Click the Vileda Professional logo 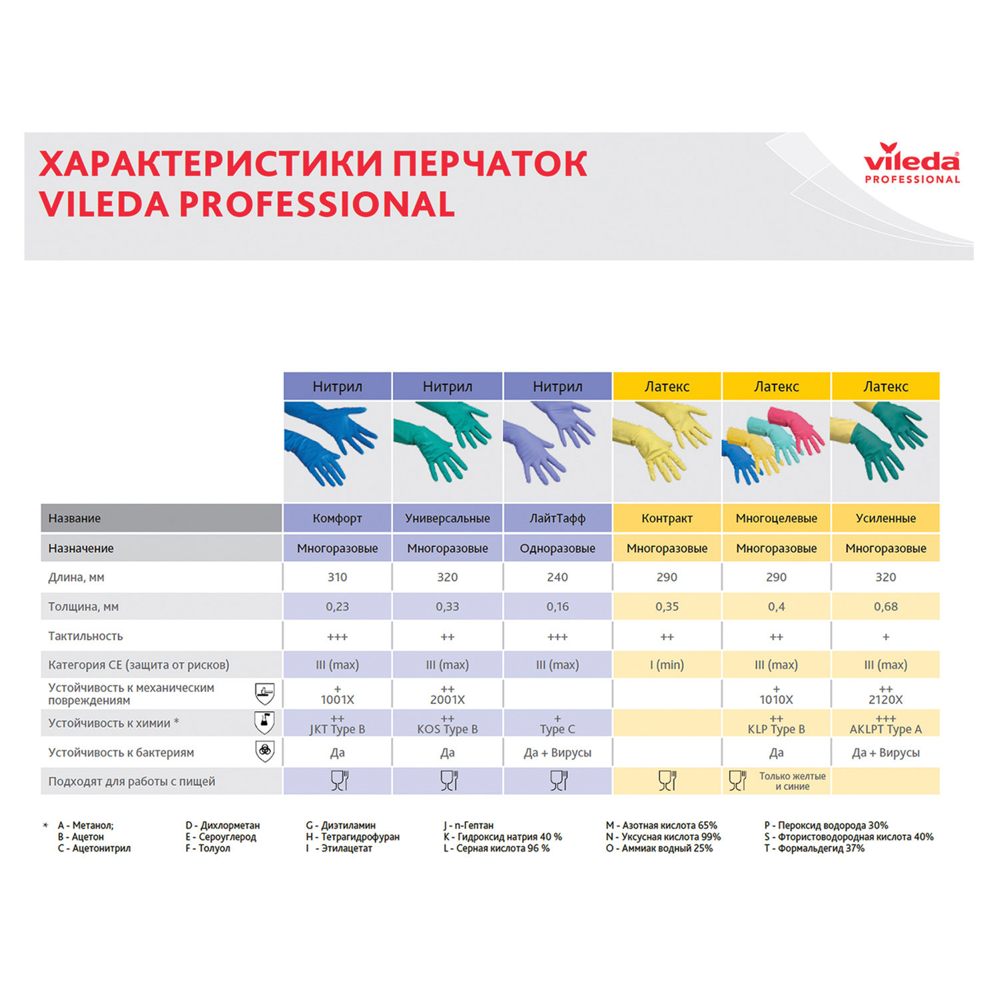(x=911, y=163)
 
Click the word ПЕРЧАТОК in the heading (x=490, y=164)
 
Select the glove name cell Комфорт (x=337, y=518)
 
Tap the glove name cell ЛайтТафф (x=557, y=518)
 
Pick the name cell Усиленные (x=885, y=518)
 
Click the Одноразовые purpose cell (x=557, y=548)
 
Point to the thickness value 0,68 (x=885, y=607)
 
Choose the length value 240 (x=557, y=577)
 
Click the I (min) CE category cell (x=667, y=665)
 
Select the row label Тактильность (x=85, y=636)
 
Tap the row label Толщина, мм (x=83, y=607)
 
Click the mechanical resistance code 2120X (x=885, y=699)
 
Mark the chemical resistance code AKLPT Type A (x=885, y=729)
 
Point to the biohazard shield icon (x=265, y=751)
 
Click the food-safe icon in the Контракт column (x=667, y=781)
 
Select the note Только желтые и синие (x=792, y=781)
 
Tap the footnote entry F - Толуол (x=208, y=848)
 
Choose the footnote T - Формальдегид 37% (x=814, y=848)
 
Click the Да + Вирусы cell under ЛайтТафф (x=557, y=753)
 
